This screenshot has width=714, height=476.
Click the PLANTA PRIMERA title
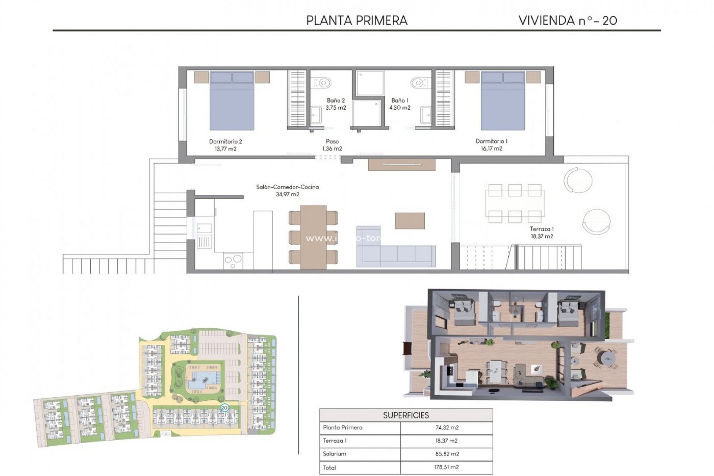tap(357, 20)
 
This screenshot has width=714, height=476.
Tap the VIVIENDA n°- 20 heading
tap(567, 20)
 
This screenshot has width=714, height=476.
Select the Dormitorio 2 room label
tap(225, 145)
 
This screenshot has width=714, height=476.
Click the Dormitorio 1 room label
tap(491, 145)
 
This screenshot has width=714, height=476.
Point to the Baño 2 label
tap(336, 104)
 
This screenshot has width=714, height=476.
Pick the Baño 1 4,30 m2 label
tap(400, 104)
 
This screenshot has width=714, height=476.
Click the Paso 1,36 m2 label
tap(332, 145)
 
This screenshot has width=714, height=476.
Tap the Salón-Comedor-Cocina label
tap(287, 190)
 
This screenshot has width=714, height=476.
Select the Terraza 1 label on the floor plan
tap(542, 232)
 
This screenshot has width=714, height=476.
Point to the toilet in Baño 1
tap(418, 82)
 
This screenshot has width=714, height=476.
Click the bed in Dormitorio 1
tap(503, 102)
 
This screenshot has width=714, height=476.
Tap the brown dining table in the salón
tap(313, 237)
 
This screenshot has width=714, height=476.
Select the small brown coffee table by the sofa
tap(410, 221)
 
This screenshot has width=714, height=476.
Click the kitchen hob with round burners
tap(233, 261)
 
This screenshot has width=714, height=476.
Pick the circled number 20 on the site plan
tap(224, 408)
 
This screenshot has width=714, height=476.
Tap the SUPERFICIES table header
tap(406, 415)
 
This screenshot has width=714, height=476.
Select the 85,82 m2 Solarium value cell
tap(447, 454)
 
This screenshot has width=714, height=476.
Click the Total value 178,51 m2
tap(447, 467)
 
